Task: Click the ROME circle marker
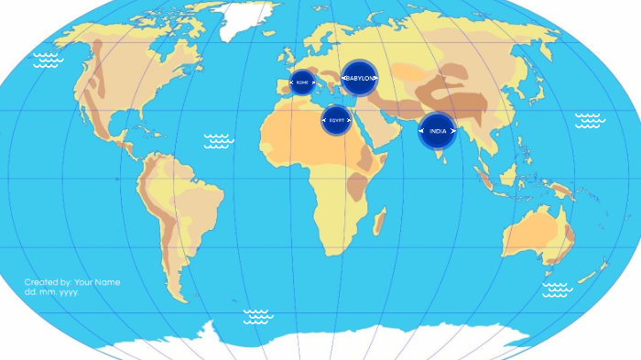(302, 82)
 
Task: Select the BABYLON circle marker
(360, 78)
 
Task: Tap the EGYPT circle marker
(337, 119)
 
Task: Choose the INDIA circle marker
(438, 131)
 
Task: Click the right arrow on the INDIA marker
(452, 131)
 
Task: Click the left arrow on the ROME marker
(291, 82)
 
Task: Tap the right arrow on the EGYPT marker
(348, 119)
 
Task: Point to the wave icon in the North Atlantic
(219, 140)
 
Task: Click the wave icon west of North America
(48, 60)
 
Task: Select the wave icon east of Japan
(589, 120)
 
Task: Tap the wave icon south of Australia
(556, 289)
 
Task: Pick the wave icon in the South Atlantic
(258, 316)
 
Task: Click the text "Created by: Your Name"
(72, 282)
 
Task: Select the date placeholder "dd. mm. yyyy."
(52, 292)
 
